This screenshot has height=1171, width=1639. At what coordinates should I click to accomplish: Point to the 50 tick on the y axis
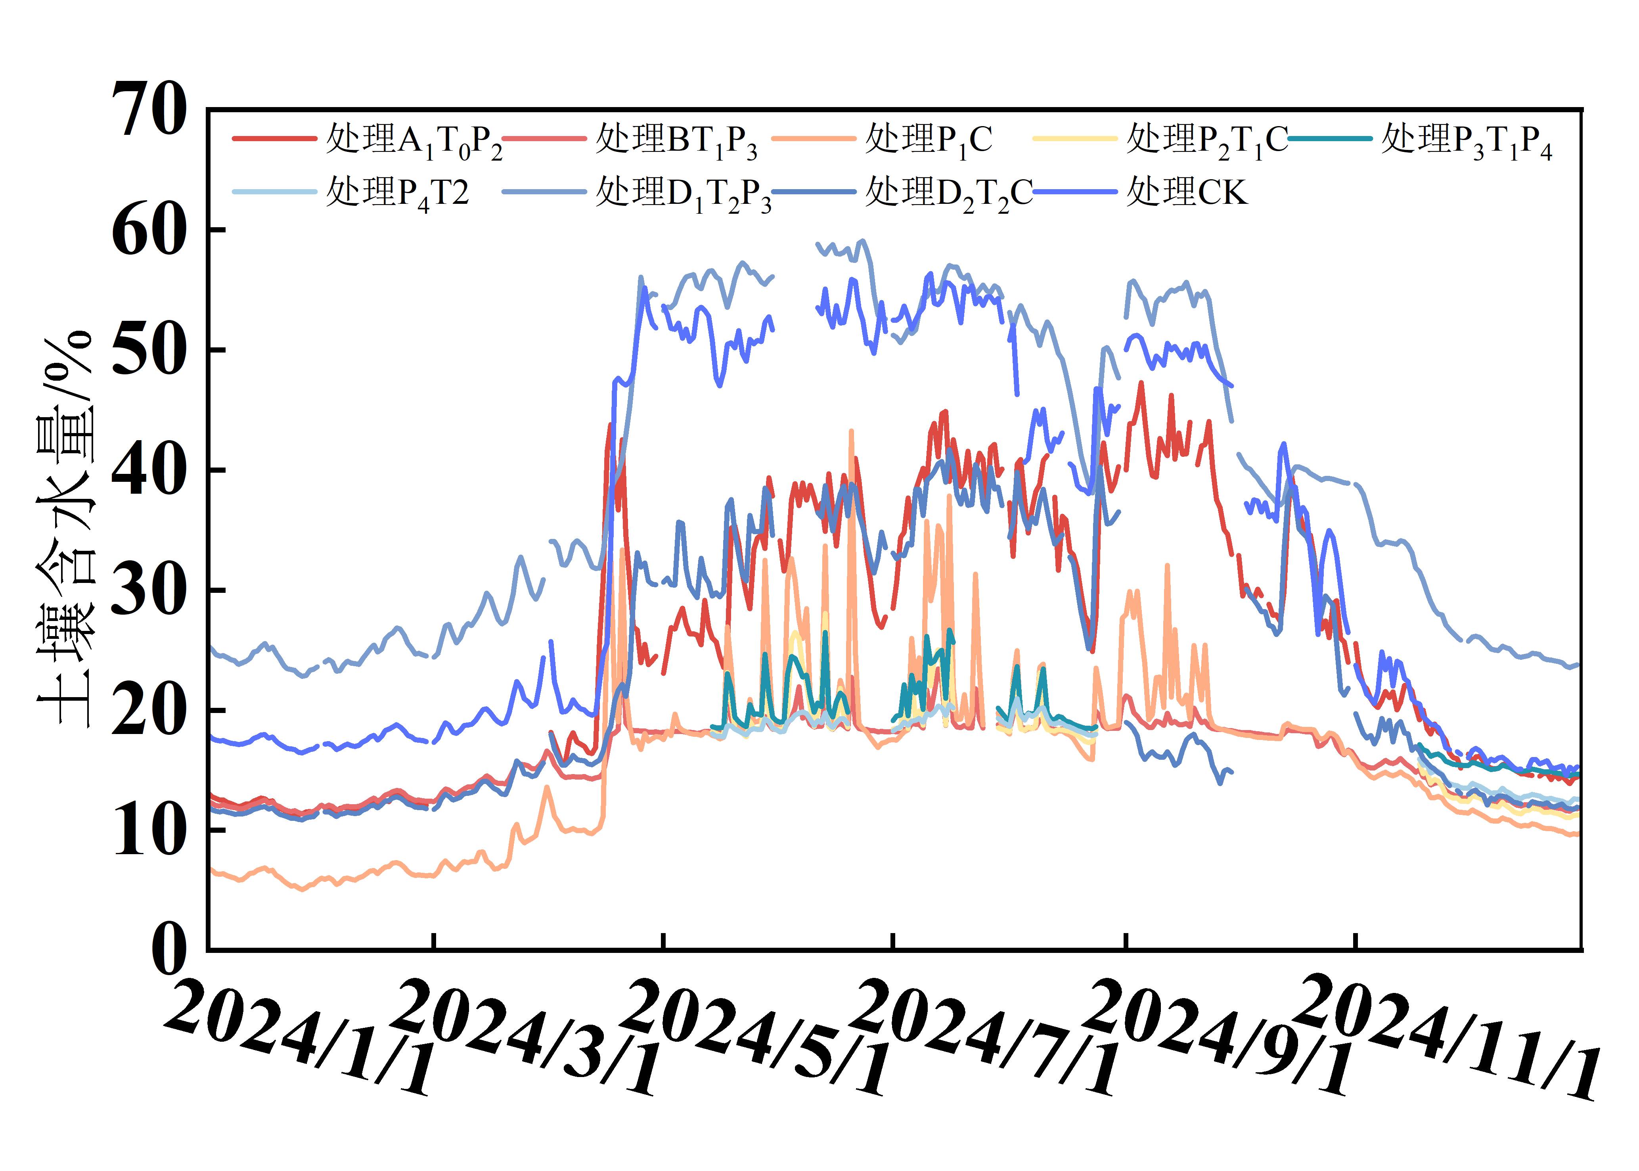pos(149,350)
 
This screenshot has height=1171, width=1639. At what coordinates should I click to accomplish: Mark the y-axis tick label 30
pos(149,590)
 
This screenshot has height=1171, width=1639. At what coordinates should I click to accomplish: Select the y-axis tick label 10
pos(149,830)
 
